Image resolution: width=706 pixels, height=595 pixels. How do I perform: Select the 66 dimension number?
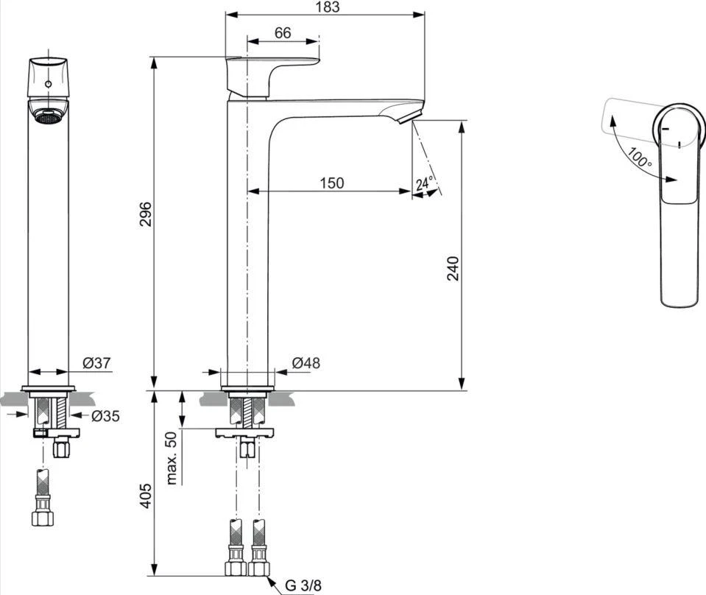coord(283,32)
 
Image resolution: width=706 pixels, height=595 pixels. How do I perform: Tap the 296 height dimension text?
coord(146,213)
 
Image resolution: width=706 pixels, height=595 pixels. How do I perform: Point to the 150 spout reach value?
coord(332,183)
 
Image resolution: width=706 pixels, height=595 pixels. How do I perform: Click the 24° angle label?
coord(425,184)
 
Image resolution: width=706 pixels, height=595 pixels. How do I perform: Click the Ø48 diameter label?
coord(306,363)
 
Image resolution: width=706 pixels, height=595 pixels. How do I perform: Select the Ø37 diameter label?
coord(96,363)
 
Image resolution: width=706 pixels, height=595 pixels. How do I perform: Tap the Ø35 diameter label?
coord(105,416)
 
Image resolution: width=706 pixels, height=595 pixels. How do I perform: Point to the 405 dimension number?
coord(146,497)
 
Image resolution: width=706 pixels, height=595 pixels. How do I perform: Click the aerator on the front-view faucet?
coord(48,116)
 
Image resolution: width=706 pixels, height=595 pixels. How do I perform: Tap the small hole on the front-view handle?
coord(48,85)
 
